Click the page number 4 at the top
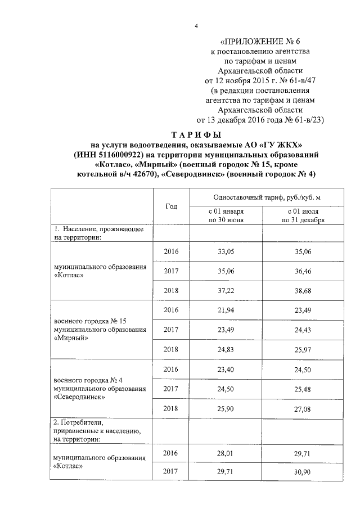coord(196,26)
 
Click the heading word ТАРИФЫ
coord(196,135)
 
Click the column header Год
coord(172,206)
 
